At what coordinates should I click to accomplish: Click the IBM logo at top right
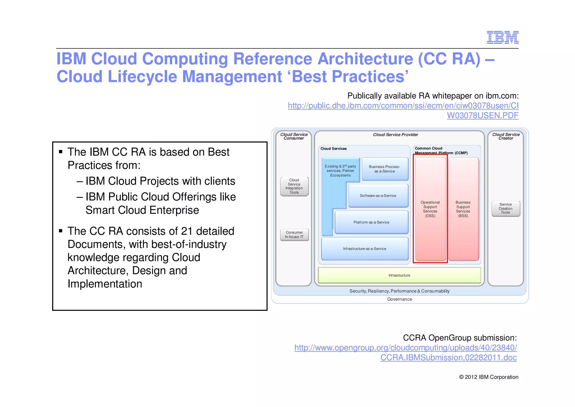point(503,37)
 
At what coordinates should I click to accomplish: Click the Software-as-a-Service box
point(378,196)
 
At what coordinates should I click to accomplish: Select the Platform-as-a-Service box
point(371,222)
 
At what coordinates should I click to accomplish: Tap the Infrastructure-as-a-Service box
point(364,249)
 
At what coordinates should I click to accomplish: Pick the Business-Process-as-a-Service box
point(384,169)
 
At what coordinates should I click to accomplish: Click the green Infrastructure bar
point(399,275)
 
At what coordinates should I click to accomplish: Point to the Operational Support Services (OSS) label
point(430,209)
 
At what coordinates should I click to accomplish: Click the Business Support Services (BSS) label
point(463,209)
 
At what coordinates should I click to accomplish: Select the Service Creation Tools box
point(505,208)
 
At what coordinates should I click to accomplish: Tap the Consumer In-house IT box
point(294,235)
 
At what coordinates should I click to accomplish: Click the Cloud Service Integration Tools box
point(294,186)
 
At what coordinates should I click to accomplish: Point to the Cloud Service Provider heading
point(395,135)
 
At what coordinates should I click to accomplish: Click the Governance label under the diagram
point(399,299)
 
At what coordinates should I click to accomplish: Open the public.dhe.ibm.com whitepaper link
point(403,106)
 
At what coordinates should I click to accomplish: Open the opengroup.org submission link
point(405,348)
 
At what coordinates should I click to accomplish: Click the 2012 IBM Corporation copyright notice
point(489,377)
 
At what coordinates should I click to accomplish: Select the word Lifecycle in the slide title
point(142,77)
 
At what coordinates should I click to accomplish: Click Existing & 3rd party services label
point(340,171)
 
